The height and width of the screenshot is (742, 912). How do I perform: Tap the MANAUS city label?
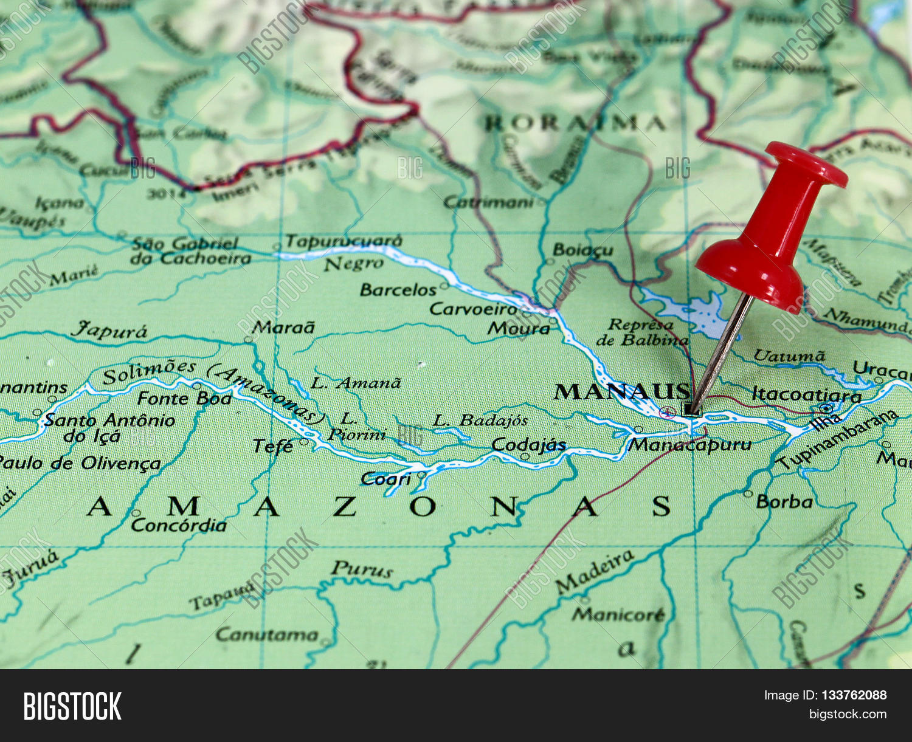(x=622, y=391)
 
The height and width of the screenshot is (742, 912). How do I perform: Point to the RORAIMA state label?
(x=574, y=124)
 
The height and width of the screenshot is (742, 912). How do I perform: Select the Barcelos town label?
(x=398, y=290)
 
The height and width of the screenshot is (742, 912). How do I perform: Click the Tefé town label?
(x=273, y=446)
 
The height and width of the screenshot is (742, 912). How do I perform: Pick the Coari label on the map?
(x=386, y=479)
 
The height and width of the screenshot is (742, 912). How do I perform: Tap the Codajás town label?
(x=528, y=445)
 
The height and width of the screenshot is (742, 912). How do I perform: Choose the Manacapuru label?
(x=689, y=445)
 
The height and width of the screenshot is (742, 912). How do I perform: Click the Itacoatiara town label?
(x=806, y=395)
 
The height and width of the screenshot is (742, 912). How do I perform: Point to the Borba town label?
(x=784, y=502)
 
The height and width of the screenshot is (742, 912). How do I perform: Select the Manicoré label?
(x=618, y=615)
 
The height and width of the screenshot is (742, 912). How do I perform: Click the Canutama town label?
(x=266, y=635)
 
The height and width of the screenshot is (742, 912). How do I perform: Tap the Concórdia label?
(x=179, y=525)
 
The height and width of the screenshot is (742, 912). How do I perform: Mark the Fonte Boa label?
(x=184, y=399)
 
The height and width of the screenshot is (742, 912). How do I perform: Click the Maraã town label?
(x=284, y=328)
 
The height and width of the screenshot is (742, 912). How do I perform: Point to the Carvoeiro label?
(x=473, y=309)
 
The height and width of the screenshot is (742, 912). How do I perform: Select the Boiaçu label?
(x=582, y=250)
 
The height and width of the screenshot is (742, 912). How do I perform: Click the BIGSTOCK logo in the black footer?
(x=72, y=706)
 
